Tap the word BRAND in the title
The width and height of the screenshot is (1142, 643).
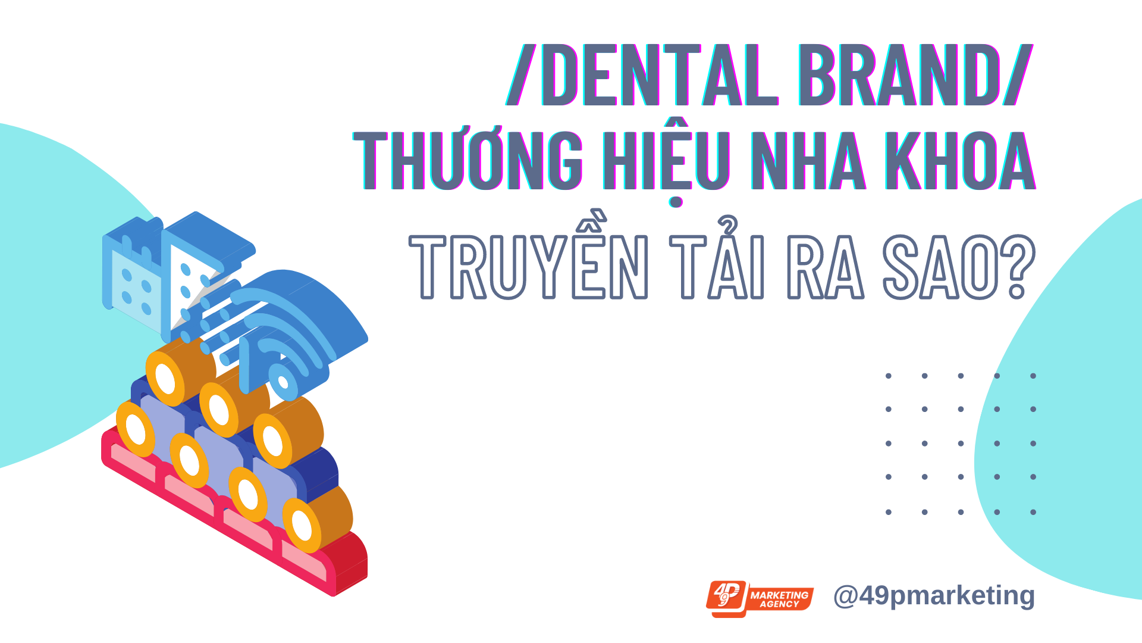pos(899,76)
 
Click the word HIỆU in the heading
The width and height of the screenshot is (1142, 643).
pos(666,164)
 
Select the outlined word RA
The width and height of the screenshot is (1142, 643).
pos(826,266)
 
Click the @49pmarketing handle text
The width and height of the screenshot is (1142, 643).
pos(934,595)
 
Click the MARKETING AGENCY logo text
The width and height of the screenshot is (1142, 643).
pos(779,599)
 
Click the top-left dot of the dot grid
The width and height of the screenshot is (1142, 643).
pos(889,376)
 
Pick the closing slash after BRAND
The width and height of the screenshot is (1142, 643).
pos(1018,76)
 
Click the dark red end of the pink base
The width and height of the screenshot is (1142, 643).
pos(351,563)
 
